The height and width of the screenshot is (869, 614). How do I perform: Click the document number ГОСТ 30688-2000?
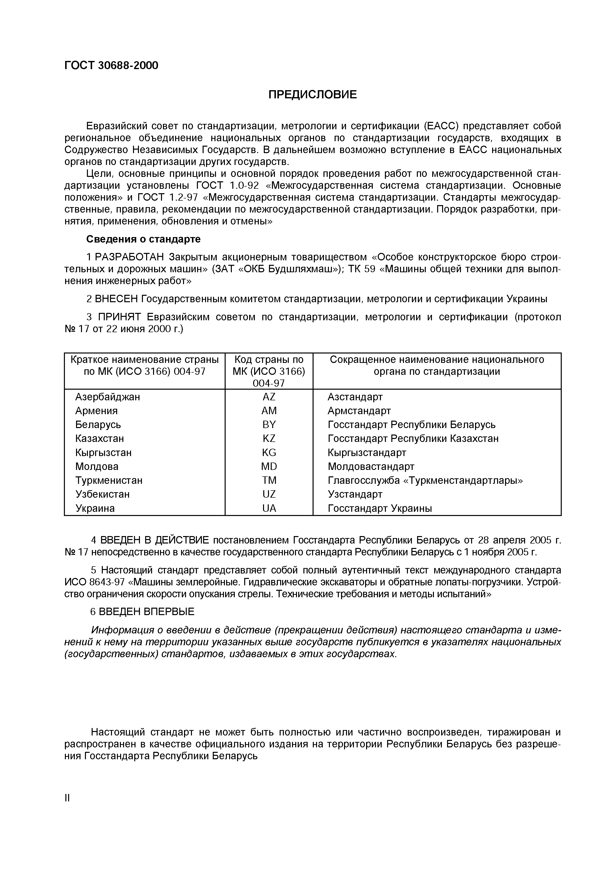111,65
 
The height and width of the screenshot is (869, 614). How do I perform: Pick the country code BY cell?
269,425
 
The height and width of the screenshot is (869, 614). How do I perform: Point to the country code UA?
269,508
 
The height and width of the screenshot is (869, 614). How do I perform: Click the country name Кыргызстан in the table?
103,453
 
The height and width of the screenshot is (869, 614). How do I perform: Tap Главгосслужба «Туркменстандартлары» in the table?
425,481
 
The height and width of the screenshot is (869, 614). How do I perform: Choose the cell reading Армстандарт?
359,411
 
